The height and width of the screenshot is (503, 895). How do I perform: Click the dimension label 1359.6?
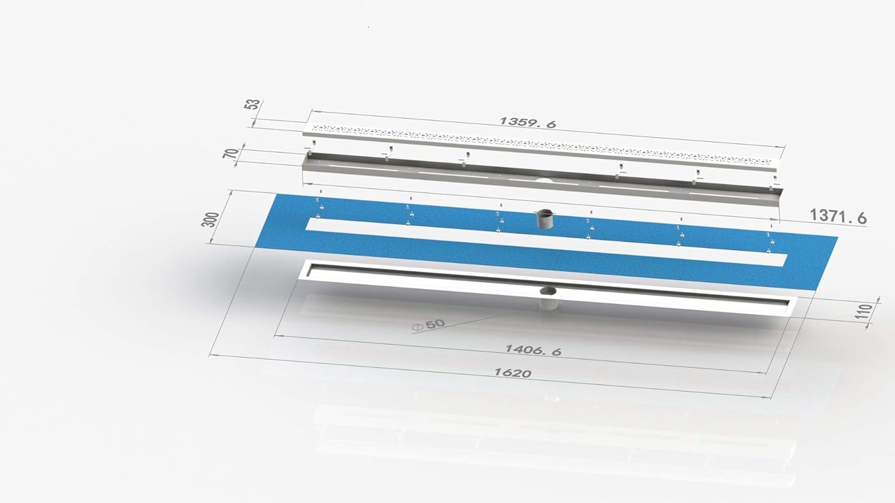point(527,122)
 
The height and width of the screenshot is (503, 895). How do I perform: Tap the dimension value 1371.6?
point(838,216)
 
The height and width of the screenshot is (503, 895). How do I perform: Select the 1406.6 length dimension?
point(533,350)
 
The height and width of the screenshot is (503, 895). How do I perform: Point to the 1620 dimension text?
point(513,373)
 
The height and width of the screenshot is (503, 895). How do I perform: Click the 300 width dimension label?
point(210,219)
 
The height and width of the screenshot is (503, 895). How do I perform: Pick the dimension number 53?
point(252,104)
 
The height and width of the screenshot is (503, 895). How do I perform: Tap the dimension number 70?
point(230,153)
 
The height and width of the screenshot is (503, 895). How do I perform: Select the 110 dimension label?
point(863,311)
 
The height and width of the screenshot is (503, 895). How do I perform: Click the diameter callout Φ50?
point(429,325)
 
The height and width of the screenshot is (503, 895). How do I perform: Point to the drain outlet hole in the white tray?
point(548,291)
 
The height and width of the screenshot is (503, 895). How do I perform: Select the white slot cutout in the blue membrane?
point(537,244)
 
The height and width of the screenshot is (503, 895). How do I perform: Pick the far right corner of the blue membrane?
point(837,238)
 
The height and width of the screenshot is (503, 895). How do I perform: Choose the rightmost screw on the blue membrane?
point(770,242)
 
